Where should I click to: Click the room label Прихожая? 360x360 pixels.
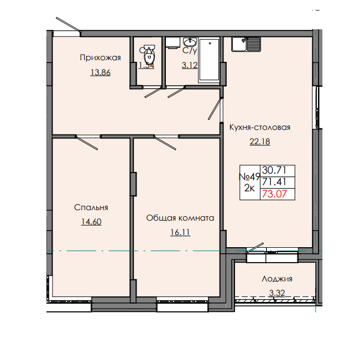click(100, 57)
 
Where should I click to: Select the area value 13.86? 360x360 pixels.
click(100, 72)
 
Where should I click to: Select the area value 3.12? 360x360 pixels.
click(190, 65)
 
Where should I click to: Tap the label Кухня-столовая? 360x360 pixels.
click(259, 127)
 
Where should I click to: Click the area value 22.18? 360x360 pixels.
click(259, 142)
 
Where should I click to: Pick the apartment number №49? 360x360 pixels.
click(249, 177)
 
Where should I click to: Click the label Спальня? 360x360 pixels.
click(91, 207)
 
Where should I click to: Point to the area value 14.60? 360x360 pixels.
click(91, 222)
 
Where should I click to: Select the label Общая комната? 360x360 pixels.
click(180, 218)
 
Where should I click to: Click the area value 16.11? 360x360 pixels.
click(180, 232)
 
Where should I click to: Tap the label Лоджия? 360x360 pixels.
click(277, 279)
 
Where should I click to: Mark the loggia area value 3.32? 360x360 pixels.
click(277, 293)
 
